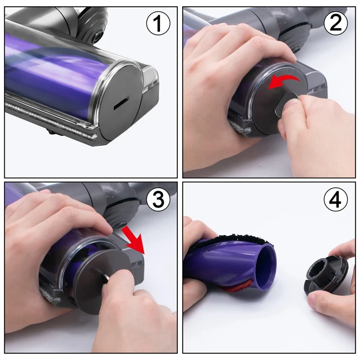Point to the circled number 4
(335, 200)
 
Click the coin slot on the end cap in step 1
(120, 103)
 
